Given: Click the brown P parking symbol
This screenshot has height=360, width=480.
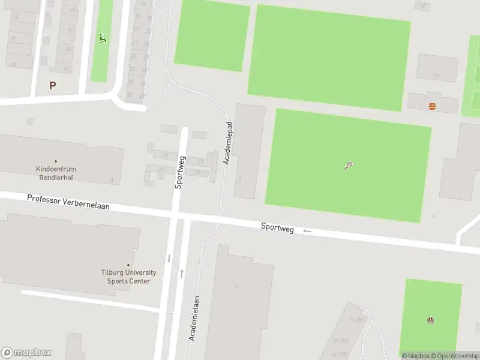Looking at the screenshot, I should click(52, 85).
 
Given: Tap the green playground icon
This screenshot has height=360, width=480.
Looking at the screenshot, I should click(103, 39).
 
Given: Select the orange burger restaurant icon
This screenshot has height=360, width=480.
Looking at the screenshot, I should click(432, 106).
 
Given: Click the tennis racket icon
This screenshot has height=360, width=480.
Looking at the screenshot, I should click(348, 166).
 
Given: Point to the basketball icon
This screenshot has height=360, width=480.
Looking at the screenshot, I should click(430, 320).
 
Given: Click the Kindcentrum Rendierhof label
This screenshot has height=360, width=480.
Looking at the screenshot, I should click(56, 173).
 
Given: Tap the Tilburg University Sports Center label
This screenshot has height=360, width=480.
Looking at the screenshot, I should click(128, 277).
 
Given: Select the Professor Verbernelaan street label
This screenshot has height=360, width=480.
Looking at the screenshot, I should click(68, 202).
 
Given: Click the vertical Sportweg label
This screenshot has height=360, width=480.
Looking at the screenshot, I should click(180, 173).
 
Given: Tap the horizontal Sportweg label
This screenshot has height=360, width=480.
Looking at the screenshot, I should click(277, 227).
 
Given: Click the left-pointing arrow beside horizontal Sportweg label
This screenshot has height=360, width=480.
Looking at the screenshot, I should click(307, 231).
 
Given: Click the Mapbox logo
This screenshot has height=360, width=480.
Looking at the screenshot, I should click(26, 353).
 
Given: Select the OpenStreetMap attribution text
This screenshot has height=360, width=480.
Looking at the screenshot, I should click(455, 356).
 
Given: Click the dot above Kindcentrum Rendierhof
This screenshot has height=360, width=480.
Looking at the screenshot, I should click(56, 161).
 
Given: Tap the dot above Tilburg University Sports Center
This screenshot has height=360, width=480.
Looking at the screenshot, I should click(128, 265).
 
